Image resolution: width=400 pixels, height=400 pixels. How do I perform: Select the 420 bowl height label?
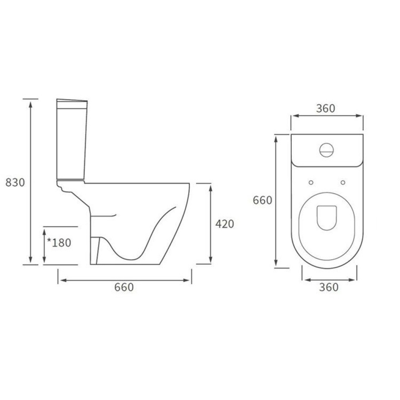pos(224,224)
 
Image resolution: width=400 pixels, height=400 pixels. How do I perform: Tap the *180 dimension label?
pos(59,242)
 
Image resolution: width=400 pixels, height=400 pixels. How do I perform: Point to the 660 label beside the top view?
pos(263,200)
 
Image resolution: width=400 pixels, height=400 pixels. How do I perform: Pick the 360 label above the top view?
pos(326,108)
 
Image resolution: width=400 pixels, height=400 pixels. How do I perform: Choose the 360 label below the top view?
pos(329,287)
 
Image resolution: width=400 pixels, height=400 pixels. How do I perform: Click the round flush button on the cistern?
pos(326,150)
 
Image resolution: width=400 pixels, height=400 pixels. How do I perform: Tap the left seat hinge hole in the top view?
pos(311,182)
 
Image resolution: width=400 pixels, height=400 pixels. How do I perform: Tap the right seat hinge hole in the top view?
pos(343,182)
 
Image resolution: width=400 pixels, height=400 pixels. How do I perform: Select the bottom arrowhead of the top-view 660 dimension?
pos(276,264)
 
